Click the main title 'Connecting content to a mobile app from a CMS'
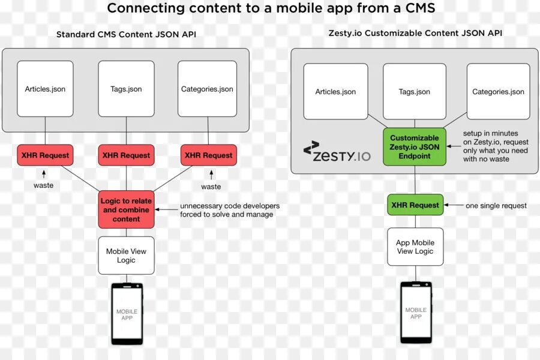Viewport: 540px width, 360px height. pyautogui.click(x=271, y=9)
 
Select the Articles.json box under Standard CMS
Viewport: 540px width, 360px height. pyautogui.click(x=45, y=89)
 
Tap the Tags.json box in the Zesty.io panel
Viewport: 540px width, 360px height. pyautogui.click(x=415, y=91)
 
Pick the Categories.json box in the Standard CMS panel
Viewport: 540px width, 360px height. pyautogui.click(x=207, y=89)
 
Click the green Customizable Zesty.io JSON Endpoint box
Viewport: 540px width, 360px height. pyautogui.click(x=415, y=146)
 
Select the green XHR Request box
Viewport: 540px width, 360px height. pyautogui.click(x=415, y=205)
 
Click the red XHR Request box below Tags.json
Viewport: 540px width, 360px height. pyautogui.click(x=126, y=155)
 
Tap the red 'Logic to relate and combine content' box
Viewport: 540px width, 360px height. pyautogui.click(x=126, y=209)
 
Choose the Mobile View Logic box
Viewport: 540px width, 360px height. pyautogui.click(x=126, y=256)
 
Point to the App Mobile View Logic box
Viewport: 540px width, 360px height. pyautogui.click(x=415, y=247)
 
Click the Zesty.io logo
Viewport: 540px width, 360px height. pyautogui.click(x=337, y=152)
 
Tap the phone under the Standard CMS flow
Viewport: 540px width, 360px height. pyautogui.click(x=127, y=314)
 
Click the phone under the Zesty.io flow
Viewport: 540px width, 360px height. pyautogui.click(x=416, y=312)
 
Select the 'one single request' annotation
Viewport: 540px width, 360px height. pyautogui.click(x=496, y=206)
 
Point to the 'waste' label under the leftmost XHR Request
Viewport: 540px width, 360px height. pyautogui.click(x=43, y=185)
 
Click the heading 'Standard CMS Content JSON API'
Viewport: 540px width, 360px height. pyautogui.click(x=126, y=35)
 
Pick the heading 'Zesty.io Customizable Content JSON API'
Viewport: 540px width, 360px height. pyautogui.click(x=415, y=33)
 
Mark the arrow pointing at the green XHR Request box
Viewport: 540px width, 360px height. pyautogui.click(x=454, y=206)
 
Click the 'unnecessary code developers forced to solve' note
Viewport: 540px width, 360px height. pyautogui.click(x=230, y=210)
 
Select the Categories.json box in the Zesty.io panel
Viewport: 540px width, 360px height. pyautogui.click(x=498, y=91)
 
